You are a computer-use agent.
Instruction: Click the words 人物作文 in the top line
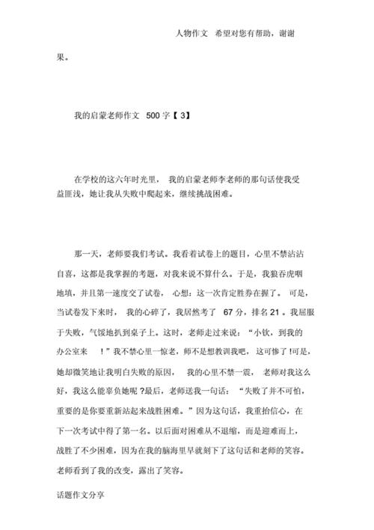(x=191, y=34)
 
